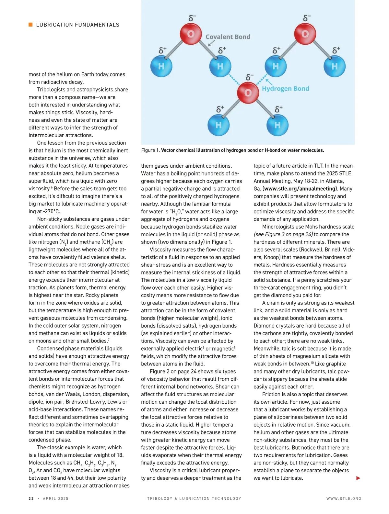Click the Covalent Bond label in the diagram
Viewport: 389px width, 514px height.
pyautogui.click(x=228, y=37)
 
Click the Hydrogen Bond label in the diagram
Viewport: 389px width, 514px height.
pyautogui.click(x=285, y=89)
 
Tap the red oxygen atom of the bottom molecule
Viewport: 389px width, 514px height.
pyautogui.click(x=248, y=93)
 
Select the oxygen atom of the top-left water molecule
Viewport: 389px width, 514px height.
pyautogui.click(x=191, y=34)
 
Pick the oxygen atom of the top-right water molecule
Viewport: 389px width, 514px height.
pyautogui.click(x=305, y=34)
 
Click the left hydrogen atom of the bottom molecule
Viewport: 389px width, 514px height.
pyautogui.click(x=218, y=125)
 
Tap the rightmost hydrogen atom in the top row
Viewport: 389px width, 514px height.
pyautogui.click(x=335, y=66)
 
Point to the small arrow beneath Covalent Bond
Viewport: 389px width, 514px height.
pyautogui.click(x=211, y=43)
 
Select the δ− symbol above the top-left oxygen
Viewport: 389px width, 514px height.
pyautogui.click(x=192, y=18)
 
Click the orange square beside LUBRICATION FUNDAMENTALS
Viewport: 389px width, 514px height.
pyautogui.click(x=30, y=25)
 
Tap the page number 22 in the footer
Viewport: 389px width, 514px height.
pyautogui.click(x=31, y=498)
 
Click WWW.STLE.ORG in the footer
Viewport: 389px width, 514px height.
pyautogui.click(x=344, y=498)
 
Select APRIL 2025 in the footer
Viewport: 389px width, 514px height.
pyautogui.click(x=56, y=498)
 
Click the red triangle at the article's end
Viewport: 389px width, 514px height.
pyautogui.click(x=358, y=478)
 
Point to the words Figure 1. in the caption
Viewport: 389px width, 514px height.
pyautogui.click(x=150, y=150)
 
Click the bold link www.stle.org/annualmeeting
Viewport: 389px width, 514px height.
pyautogui.click(x=300, y=189)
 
